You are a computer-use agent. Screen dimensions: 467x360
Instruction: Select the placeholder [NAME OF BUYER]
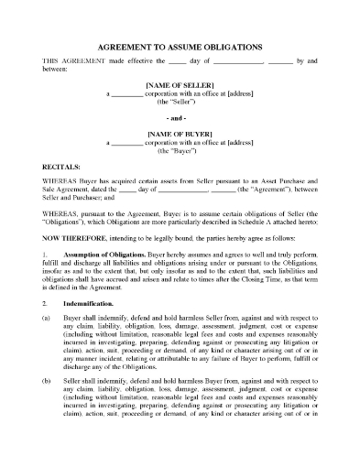click(180, 134)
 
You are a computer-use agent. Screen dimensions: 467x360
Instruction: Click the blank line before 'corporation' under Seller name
click(129, 92)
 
